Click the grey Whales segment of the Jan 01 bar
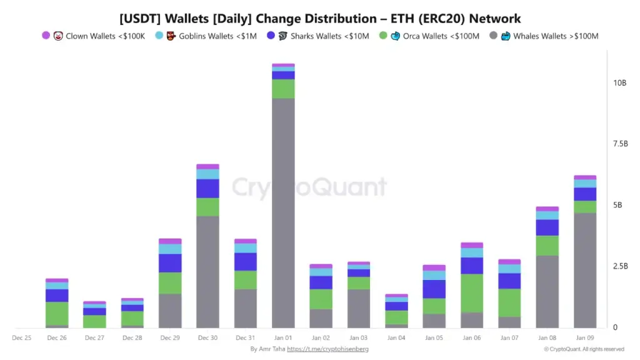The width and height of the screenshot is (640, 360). click(x=283, y=212)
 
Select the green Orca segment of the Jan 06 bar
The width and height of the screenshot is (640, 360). click(x=471, y=293)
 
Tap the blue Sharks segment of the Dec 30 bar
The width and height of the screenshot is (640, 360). click(x=207, y=189)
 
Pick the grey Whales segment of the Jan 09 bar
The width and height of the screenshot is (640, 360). click(x=585, y=270)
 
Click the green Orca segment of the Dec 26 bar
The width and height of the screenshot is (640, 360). click(x=57, y=313)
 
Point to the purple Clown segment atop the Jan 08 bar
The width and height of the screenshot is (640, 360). click(x=547, y=209)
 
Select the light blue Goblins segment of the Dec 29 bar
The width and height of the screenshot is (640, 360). click(x=170, y=249)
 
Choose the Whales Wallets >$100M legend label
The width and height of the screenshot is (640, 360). click(x=556, y=36)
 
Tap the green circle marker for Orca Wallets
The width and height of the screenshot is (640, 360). click(x=383, y=36)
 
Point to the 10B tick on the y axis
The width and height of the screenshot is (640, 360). click(x=620, y=83)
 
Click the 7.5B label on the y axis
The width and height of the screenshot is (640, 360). click(x=620, y=144)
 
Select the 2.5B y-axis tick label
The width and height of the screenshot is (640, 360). click(x=620, y=267)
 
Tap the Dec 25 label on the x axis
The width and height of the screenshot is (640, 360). click(x=22, y=337)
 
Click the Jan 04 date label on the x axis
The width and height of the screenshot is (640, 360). click(x=396, y=337)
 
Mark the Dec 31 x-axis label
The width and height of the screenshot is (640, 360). click(x=245, y=337)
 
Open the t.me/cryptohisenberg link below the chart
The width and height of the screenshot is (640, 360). click(x=327, y=349)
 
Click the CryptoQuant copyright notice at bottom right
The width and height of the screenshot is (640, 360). click(x=584, y=349)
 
